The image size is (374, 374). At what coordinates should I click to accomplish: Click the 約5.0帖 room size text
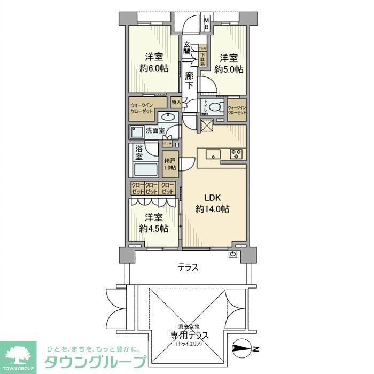click(229, 69)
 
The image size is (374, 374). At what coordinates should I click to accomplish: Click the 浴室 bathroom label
click(138, 152)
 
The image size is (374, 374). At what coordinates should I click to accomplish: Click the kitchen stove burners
click(237, 154)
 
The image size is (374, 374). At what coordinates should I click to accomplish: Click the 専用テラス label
click(189, 336)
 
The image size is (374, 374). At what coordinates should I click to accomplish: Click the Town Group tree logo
click(18, 355)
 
